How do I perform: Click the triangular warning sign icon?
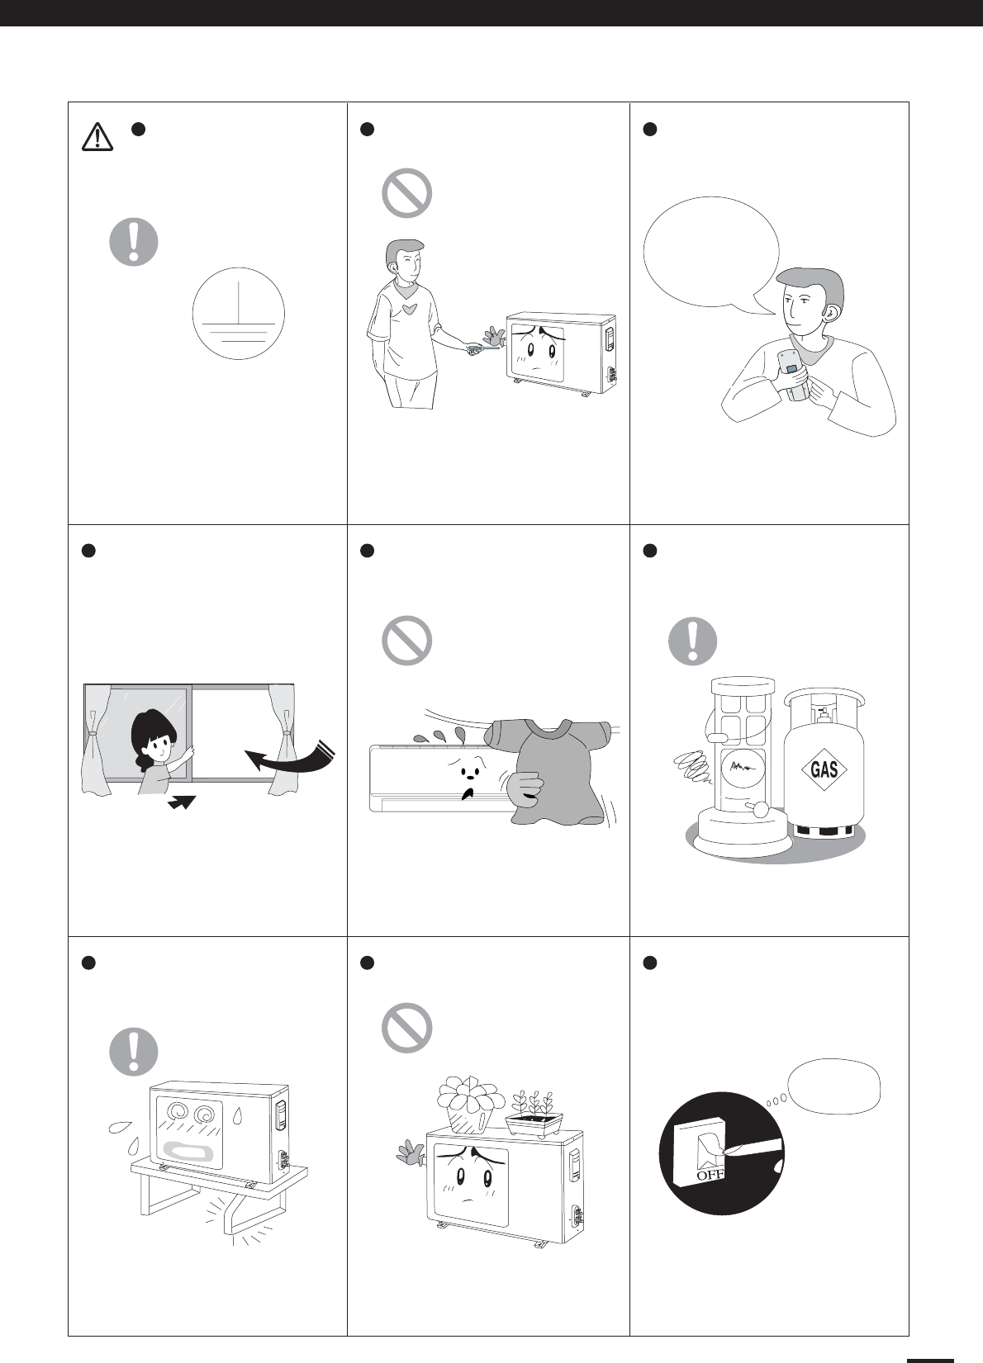click(x=97, y=136)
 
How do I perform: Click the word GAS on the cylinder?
click(x=824, y=769)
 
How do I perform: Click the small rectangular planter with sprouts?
click(x=534, y=1115)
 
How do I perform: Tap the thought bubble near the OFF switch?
click(x=833, y=1086)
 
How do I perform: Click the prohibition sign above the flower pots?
click(x=406, y=1028)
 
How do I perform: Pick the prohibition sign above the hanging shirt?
click(x=406, y=641)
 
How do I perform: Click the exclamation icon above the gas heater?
click(x=693, y=641)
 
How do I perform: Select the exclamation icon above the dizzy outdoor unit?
click(x=134, y=1052)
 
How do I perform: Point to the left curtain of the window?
click(x=96, y=740)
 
